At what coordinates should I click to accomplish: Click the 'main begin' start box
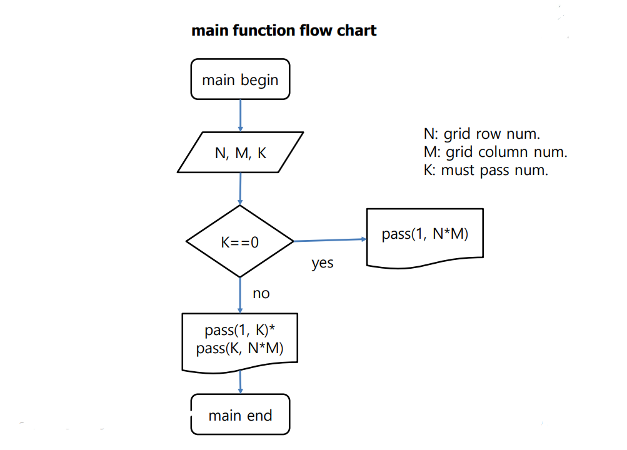(240, 79)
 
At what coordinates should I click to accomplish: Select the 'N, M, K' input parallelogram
(240, 152)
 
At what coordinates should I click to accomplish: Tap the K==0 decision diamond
(240, 241)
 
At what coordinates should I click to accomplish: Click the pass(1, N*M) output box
(424, 237)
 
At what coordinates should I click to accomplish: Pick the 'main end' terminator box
(240, 414)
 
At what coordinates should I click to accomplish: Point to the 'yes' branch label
(323, 263)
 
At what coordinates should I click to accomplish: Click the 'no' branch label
(261, 294)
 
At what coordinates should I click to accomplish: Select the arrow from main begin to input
(240, 116)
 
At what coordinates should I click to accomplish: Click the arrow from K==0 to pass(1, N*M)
(330, 240)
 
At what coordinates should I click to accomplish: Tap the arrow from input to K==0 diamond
(240, 189)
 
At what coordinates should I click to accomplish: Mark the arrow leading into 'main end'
(240, 382)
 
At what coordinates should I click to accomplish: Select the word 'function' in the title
(264, 31)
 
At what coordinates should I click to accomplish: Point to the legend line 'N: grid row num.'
(482, 134)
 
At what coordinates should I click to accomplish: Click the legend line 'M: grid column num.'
(496, 152)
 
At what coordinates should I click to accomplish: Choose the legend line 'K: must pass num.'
(486, 170)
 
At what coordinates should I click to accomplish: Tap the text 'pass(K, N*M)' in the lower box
(240, 348)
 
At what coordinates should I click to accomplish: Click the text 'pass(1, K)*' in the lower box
(240, 330)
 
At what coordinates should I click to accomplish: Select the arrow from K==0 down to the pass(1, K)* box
(240, 296)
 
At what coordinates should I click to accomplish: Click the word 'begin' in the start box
(259, 81)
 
